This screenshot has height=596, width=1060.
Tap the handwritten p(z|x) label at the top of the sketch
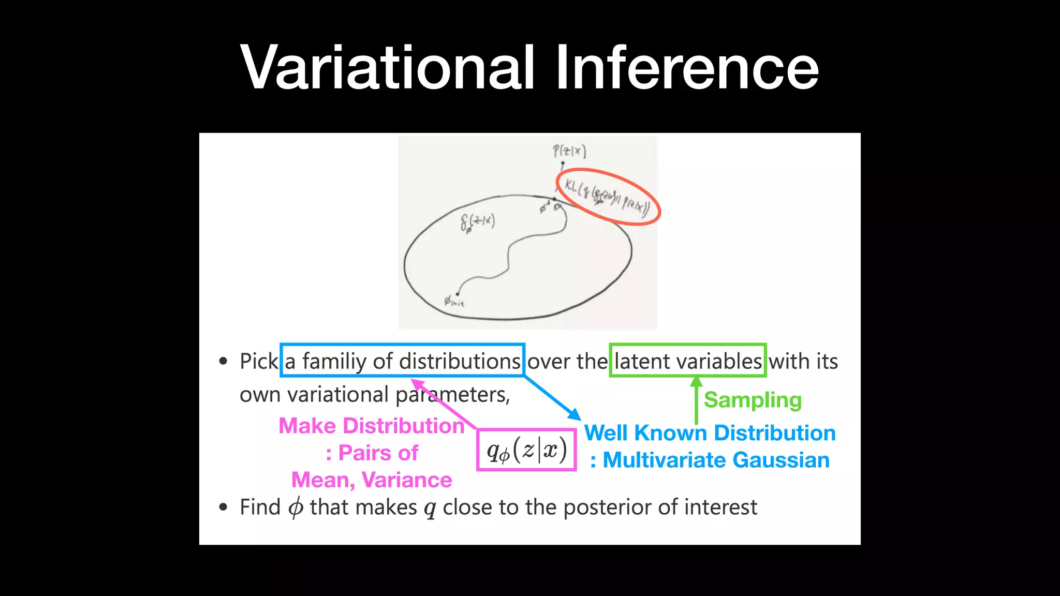(x=569, y=151)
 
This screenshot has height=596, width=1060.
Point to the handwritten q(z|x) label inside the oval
(x=477, y=222)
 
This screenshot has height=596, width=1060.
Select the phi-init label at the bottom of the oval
(x=454, y=301)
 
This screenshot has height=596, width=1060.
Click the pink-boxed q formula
(x=526, y=450)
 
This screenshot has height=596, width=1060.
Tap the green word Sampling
(x=753, y=400)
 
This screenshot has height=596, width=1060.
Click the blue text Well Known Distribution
(x=710, y=433)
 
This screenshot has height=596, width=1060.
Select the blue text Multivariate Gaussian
(x=716, y=460)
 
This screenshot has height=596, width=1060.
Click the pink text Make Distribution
(x=371, y=426)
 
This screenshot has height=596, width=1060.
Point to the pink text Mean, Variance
(x=371, y=480)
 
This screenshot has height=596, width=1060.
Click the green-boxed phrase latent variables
(x=688, y=361)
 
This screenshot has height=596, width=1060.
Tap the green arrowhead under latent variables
(x=697, y=381)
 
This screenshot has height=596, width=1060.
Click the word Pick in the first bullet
(x=259, y=361)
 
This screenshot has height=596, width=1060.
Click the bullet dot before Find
(x=223, y=507)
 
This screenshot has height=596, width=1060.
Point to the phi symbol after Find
(x=296, y=508)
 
